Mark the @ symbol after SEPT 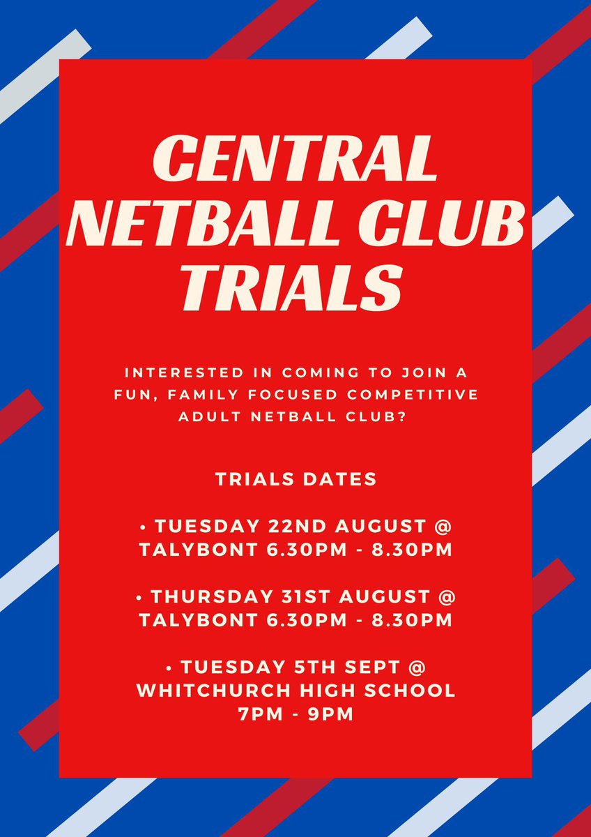tap(416, 668)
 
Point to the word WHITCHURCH tap(216, 691)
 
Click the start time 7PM tap(259, 714)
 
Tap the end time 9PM tap(332, 714)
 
